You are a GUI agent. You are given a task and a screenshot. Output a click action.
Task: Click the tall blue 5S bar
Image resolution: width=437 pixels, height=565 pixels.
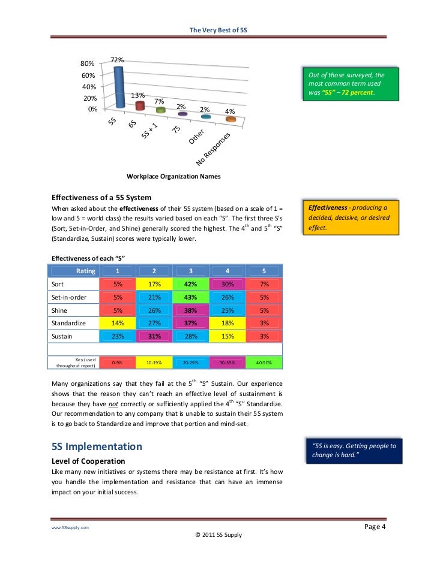tap(119, 87)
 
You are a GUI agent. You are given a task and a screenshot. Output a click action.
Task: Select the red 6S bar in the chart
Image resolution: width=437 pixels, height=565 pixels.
tap(140, 106)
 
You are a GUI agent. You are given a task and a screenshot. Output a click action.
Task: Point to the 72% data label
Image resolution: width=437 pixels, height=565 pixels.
tap(117, 60)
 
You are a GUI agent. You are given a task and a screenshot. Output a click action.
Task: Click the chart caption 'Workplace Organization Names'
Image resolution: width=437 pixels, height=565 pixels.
tap(173, 176)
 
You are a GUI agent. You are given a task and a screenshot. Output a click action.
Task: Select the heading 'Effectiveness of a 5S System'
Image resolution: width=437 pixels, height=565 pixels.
tap(101, 197)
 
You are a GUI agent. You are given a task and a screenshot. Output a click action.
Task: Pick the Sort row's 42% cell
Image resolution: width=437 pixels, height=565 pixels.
tap(191, 284)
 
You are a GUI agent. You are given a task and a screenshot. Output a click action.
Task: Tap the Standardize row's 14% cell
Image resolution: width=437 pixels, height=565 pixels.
tap(118, 323)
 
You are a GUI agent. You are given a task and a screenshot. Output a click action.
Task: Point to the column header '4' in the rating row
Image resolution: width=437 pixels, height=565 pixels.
tap(227, 271)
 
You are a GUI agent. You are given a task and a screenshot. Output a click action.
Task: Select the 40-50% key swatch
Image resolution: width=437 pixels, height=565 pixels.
tap(264, 362)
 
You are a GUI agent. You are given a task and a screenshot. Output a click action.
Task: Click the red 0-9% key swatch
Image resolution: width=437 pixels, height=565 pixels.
tap(118, 362)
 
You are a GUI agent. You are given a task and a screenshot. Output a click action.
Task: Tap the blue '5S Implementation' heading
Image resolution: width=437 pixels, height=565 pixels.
tap(97, 446)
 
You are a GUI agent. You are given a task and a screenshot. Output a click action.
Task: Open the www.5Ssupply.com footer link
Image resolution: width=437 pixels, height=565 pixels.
tap(69, 527)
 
